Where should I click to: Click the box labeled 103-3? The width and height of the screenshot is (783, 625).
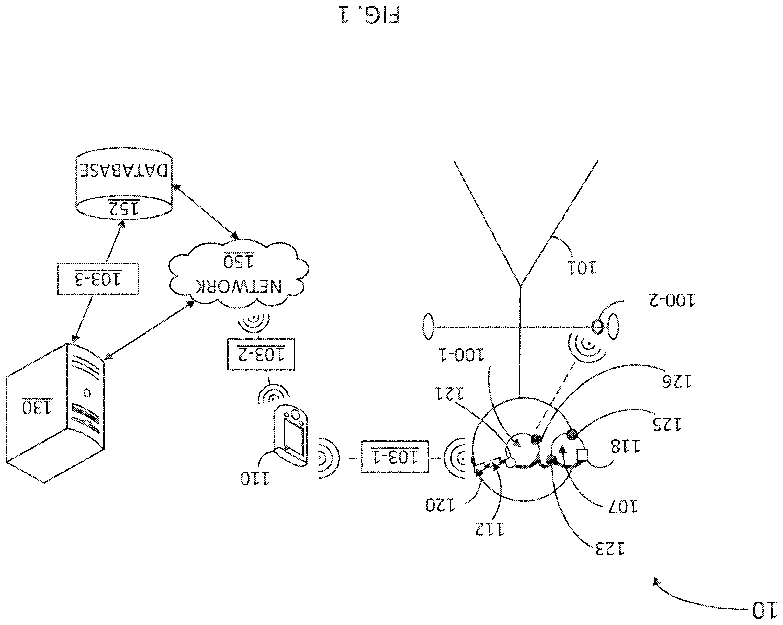tap(98, 279)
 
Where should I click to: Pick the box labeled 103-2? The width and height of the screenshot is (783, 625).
tap(261, 354)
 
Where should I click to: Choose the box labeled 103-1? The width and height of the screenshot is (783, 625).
tap(395, 456)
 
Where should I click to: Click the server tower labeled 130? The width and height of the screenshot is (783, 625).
tap(55, 413)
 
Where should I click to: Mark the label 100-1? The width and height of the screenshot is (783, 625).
tap(461, 355)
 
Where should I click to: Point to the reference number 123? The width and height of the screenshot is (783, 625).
tap(610, 549)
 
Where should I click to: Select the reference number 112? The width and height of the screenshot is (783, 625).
tap(490, 529)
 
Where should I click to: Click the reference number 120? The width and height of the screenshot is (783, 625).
tap(440, 505)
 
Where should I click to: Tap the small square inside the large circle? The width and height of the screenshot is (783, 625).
tap(582, 455)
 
